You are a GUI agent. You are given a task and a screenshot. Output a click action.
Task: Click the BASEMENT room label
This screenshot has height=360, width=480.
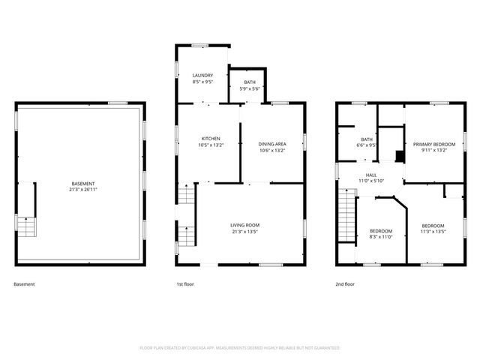[83, 184]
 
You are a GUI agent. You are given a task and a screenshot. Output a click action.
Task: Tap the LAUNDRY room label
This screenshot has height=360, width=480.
[202, 76]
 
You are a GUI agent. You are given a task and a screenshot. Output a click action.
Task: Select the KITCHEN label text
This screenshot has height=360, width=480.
[211, 139]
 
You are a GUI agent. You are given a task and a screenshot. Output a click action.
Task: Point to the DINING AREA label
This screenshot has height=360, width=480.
[271, 143]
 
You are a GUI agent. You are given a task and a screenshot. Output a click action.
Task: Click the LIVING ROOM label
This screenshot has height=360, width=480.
[244, 225]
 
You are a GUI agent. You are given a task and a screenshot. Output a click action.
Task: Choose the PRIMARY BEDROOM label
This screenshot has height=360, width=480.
[434, 144]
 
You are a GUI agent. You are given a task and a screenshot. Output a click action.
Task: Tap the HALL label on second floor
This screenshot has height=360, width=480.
[371, 174]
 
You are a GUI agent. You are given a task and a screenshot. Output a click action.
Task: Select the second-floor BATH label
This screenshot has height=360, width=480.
[367, 139]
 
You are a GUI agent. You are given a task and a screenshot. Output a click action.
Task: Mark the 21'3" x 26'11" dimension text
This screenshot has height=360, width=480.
[83, 189]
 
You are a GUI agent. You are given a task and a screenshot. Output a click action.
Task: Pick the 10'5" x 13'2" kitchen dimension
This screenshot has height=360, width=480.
[211, 145]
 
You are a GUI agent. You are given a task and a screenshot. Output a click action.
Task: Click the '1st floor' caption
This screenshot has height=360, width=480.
[184, 284]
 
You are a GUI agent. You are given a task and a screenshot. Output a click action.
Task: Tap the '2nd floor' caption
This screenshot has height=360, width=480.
[346, 284]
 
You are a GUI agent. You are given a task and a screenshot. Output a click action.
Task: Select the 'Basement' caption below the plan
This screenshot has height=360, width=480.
[24, 284]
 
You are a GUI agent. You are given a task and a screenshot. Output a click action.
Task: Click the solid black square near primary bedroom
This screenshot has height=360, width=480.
[400, 157]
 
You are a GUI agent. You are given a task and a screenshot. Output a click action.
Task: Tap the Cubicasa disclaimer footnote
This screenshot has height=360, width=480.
[240, 348]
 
